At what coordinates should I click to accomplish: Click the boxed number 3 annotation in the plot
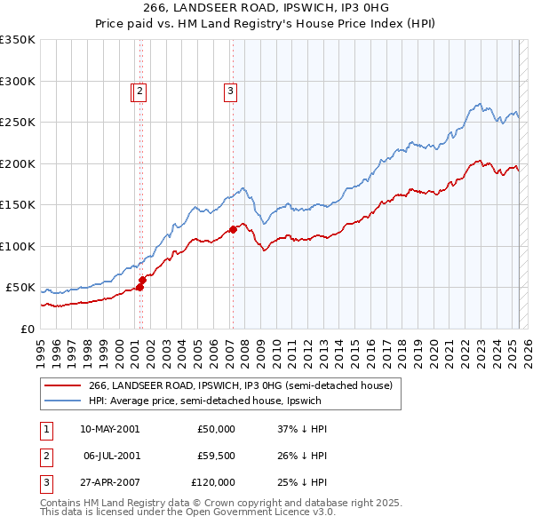[230, 90]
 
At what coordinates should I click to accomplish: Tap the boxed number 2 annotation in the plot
[141, 90]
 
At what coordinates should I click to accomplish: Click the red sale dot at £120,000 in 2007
[233, 229]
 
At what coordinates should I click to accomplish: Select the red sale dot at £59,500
[142, 280]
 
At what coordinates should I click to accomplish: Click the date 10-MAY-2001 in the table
[109, 429]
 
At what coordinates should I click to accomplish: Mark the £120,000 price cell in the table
[213, 482]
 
